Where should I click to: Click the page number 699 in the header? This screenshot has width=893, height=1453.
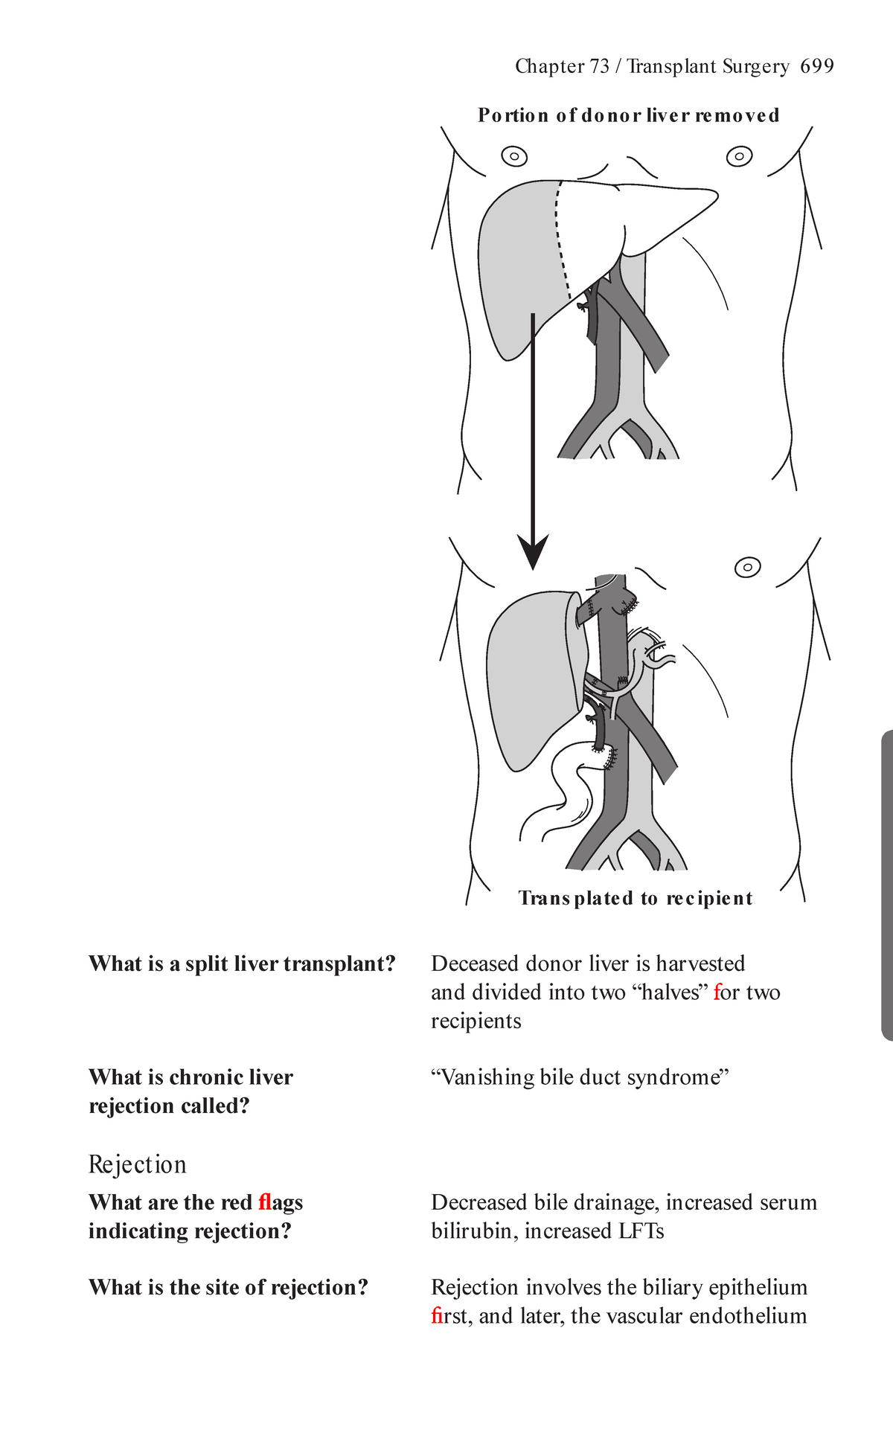click(816, 67)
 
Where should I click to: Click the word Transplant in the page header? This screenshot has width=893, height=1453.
click(669, 67)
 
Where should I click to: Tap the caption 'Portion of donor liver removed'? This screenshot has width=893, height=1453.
click(629, 115)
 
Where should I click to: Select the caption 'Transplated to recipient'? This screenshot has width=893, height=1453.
click(635, 898)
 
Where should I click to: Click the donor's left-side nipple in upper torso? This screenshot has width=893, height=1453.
click(514, 156)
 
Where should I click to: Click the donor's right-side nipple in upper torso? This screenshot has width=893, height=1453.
click(739, 156)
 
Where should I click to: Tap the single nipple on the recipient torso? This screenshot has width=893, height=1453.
click(747, 568)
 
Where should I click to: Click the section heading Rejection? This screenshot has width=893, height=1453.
click(137, 1164)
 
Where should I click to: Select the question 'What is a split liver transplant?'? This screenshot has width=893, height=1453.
click(242, 964)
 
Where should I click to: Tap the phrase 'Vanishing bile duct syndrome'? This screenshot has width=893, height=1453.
click(580, 1077)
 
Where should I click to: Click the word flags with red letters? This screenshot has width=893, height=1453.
click(281, 1203)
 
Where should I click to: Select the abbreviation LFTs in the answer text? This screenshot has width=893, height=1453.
click(641, 1231)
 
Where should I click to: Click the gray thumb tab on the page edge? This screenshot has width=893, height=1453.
click(886, 885)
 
